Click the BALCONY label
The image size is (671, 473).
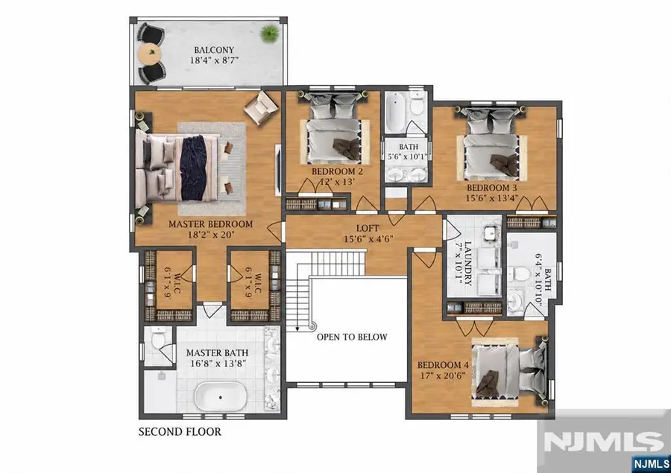pyautogui.click(x=214, y=50)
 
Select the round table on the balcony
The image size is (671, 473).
pyautogui.click(x=150, y=54)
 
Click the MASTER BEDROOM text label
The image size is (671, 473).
pyautogui.click(x=210, y=224)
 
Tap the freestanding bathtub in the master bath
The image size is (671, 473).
pyautogui.click(x=221, y=396)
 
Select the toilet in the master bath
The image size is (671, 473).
pyautogui.click(x=158, y=337)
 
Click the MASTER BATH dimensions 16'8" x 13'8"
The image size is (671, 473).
pyautogui.click(x=218, y=364)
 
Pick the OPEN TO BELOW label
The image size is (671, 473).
pyautogui.click(x=352, y=337)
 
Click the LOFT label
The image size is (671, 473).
pyautogui.click(x=368, y=229)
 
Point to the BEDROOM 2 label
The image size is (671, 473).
pyautogui.click(x=337, y=172)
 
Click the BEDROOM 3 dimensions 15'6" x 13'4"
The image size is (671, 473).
pyautogui.click(x=492, y=198)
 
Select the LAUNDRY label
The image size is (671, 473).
pyautogui.click(x=467, y=264)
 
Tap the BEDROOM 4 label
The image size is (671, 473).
pyautogui.click(x=443, y=365)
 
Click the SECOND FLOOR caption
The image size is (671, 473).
pyautogui.click(x=180, y=432)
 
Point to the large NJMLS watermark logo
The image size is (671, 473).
pyautogui.click(x=603, y=440)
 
